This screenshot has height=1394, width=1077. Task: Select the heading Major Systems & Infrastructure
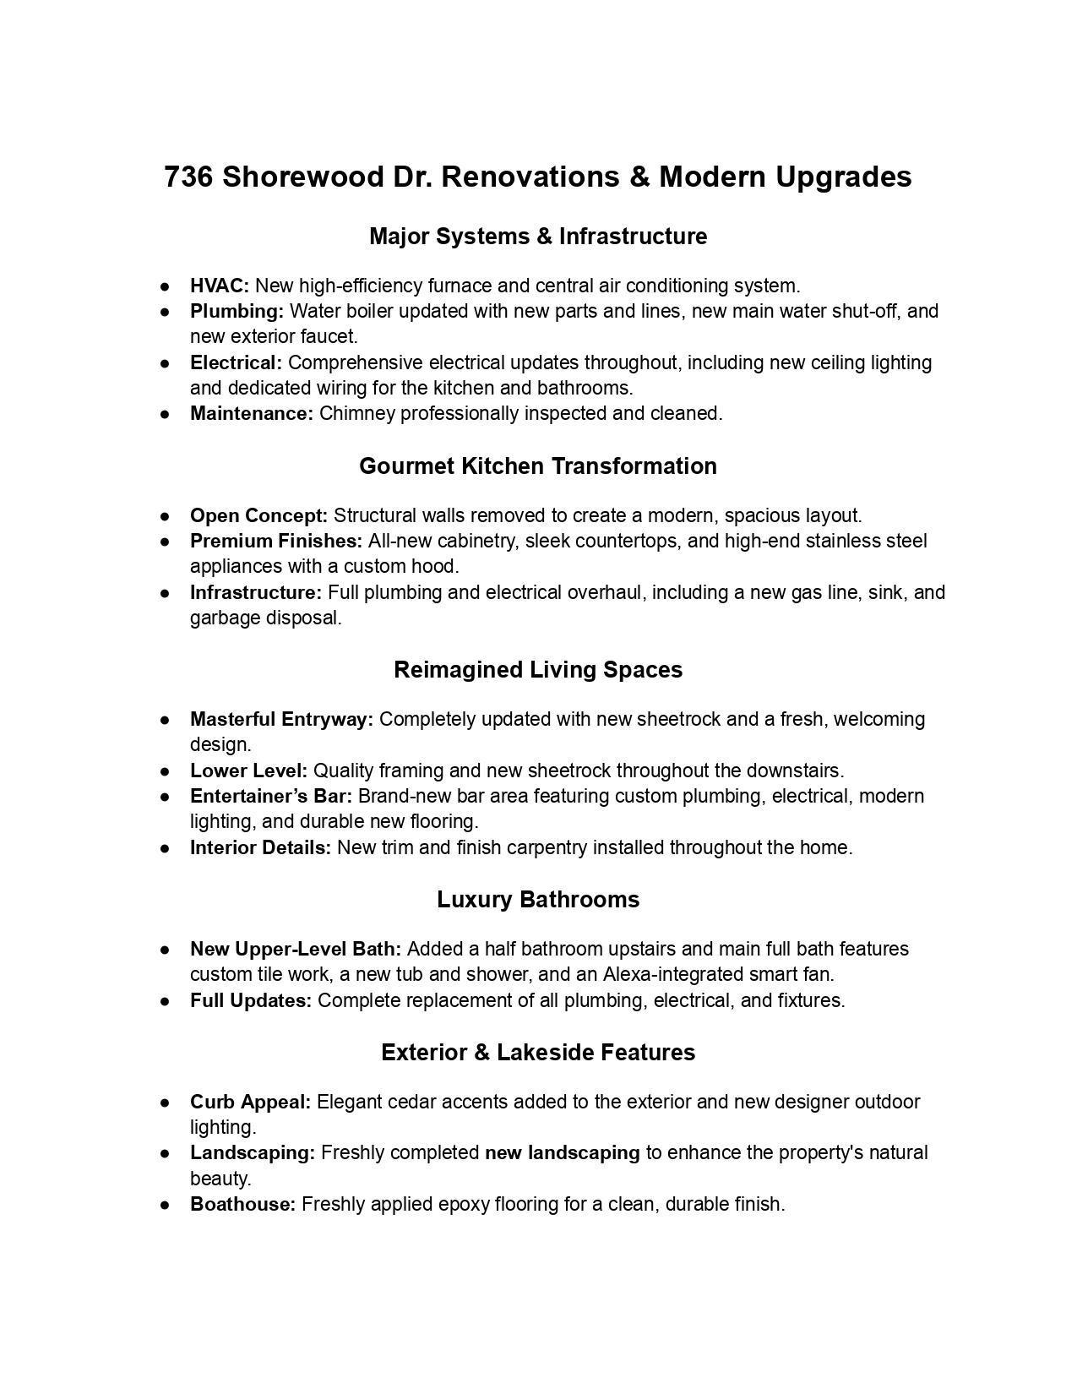538,237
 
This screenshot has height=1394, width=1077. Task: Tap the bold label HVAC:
220,286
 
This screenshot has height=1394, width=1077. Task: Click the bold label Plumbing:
237,311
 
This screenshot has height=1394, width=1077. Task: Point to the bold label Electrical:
236,362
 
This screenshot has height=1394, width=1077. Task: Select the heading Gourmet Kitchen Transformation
538,466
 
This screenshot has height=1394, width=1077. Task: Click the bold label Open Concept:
258,515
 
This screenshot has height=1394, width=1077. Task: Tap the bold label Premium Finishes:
276,541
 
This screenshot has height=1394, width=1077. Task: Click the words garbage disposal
265,618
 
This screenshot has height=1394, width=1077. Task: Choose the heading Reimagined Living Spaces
538,670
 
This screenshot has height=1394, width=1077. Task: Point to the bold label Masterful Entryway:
281,719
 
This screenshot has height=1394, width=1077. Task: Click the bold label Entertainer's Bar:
271,796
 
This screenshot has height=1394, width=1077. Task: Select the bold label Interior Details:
260,847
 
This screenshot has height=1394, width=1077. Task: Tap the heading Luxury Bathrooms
538,900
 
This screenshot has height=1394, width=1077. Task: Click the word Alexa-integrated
672,974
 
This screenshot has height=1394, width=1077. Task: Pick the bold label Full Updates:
251,1000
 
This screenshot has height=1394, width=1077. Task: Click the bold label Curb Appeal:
250,1102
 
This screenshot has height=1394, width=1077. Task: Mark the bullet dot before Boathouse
166,1205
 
